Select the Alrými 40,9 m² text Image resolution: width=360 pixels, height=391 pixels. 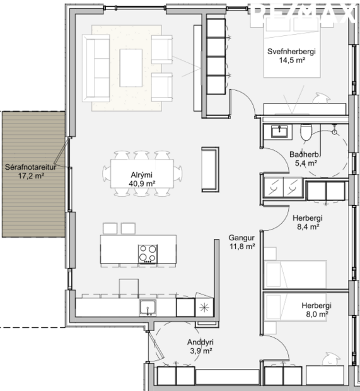141,179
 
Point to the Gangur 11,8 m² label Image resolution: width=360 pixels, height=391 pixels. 241,242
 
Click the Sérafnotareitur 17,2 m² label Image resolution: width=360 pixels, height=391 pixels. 33,172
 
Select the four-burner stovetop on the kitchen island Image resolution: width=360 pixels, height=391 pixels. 148,253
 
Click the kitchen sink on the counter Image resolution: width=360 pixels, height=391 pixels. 148,308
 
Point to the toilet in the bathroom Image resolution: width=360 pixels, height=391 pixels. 305,132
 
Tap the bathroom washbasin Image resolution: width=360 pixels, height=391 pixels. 279,131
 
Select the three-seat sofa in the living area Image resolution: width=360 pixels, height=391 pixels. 98,67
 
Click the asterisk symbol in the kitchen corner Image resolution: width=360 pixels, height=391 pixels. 203,308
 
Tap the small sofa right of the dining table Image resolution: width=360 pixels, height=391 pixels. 209,168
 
